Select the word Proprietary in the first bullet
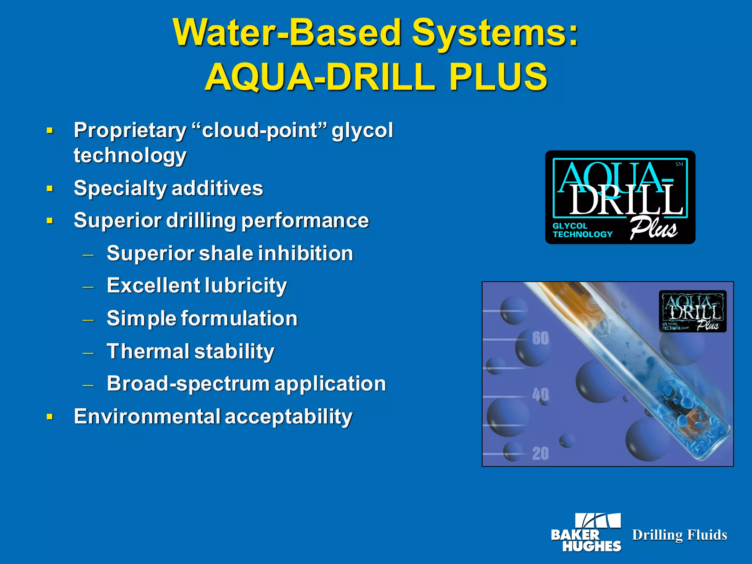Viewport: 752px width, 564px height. (130, 130)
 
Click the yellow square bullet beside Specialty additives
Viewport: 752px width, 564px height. (50, 189)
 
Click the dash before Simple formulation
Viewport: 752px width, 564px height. (88, 320)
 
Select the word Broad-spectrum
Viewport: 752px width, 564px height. (188, 384)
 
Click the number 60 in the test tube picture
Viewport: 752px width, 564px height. (540, 338)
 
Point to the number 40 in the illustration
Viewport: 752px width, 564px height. (540, 395)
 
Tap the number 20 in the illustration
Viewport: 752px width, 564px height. (540, 453)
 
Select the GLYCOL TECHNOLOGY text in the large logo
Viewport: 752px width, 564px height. (582, 230)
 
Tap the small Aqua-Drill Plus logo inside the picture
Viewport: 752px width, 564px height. (693, 311)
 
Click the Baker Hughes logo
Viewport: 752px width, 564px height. (586, 533)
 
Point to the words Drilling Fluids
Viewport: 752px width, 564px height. (679, 535)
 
